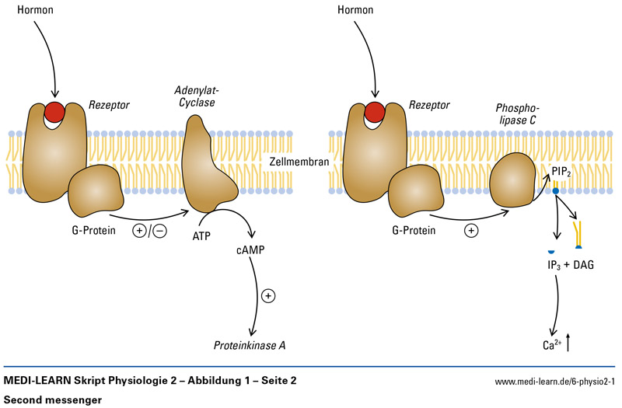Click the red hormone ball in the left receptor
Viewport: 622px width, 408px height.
[x=54, y=110]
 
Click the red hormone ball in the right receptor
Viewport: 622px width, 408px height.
[x=375, y=110]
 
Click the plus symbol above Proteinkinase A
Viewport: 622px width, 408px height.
[x=269, y=295]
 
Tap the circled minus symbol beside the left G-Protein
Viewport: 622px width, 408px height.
[x=159, y=232]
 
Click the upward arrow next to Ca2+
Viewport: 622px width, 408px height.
[x=570, y=340]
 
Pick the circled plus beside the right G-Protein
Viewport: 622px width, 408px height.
[x=471, y=231]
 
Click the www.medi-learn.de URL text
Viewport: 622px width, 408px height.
[x=554, y=382]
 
